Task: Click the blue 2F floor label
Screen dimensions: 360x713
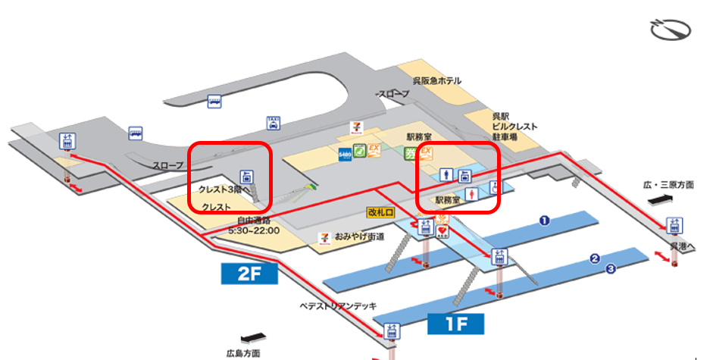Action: (249, 273)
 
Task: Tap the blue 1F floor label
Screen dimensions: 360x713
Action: (455, 324)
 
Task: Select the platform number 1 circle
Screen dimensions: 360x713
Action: (543, 221)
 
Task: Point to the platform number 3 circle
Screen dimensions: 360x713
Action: (610, 268)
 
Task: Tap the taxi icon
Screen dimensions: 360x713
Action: (273, 123)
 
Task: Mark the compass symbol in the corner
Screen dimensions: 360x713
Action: (671, 30)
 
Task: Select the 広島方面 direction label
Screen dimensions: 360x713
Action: (243, 353)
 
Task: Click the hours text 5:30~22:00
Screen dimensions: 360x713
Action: (254, 230)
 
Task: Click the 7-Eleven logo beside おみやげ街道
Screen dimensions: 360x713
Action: (324, 238)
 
